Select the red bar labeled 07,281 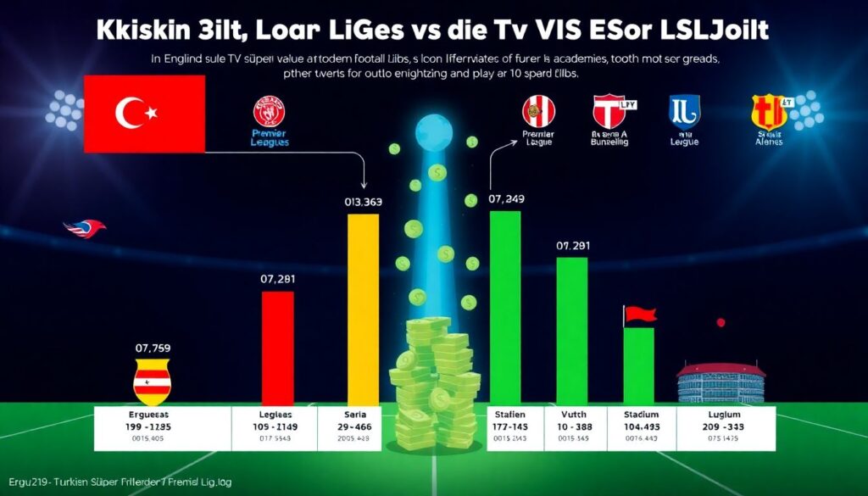click(277, 347)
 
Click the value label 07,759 click(153, 347)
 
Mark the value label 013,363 click(363, 202)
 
